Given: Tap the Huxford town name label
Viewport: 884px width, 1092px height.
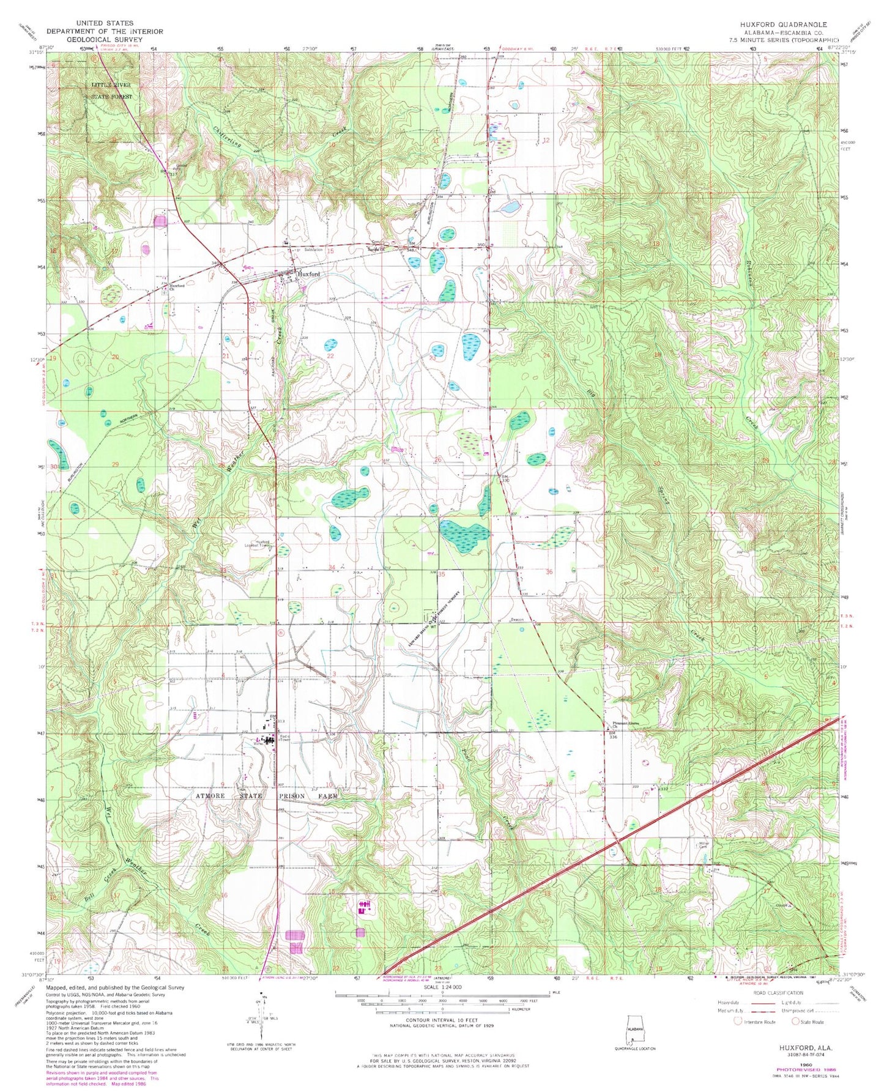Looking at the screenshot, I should click(309, 275).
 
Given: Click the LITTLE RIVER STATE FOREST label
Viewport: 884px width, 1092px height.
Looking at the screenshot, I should click(111, 91).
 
